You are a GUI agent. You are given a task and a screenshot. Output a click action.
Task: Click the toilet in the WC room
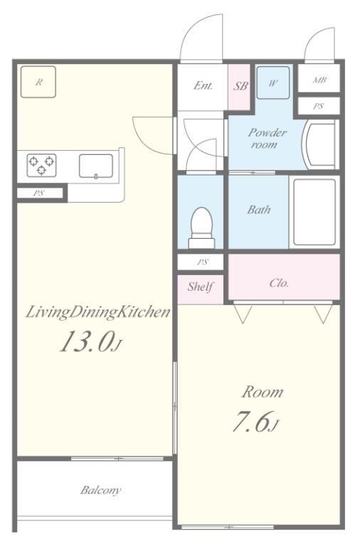coord(201,227)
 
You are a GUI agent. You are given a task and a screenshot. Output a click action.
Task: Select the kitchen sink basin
coord(96,166)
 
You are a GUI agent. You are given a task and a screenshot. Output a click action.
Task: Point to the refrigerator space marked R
coord(38,82)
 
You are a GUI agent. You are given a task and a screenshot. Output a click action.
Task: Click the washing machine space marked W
coord(273,83)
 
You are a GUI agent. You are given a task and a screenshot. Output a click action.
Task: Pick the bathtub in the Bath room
coord(314,212)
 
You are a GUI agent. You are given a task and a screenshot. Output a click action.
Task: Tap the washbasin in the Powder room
coord(319,144)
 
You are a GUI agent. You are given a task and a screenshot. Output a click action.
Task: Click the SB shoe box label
coord(240,86)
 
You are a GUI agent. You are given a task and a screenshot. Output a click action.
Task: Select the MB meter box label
coord(319,80)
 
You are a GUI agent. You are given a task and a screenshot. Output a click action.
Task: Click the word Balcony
coord(100,491)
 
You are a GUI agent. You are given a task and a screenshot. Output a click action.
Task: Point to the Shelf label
coord(201,287)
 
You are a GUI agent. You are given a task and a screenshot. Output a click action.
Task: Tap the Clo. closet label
coord(279,283)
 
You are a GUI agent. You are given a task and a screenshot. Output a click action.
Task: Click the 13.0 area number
coord(87,341)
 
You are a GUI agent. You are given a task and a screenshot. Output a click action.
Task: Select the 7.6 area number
coord(252,422)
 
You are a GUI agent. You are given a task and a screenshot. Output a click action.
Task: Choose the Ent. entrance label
coord(203,85)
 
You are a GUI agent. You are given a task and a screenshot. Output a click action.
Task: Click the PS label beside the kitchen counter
coord(38,193)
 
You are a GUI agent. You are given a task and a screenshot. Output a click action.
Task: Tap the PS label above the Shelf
coord(203,262)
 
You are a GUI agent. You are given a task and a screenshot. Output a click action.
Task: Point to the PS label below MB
coord(318,106)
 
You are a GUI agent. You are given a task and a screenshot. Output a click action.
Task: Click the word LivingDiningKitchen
coord(98,312)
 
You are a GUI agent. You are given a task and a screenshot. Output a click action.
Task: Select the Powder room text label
coord(268,138)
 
